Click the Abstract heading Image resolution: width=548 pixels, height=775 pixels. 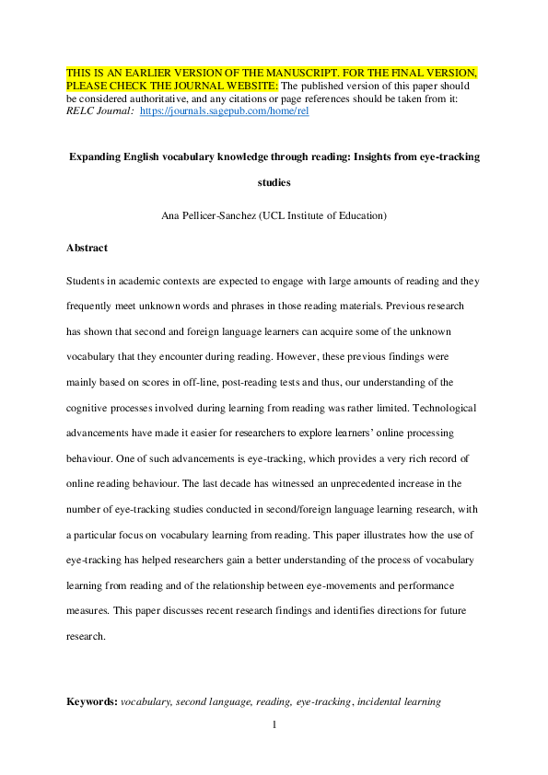pyautogui.click(x=87, y=248)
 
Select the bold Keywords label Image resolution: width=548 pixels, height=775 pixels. pyautogui.click(x=91, y=701)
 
